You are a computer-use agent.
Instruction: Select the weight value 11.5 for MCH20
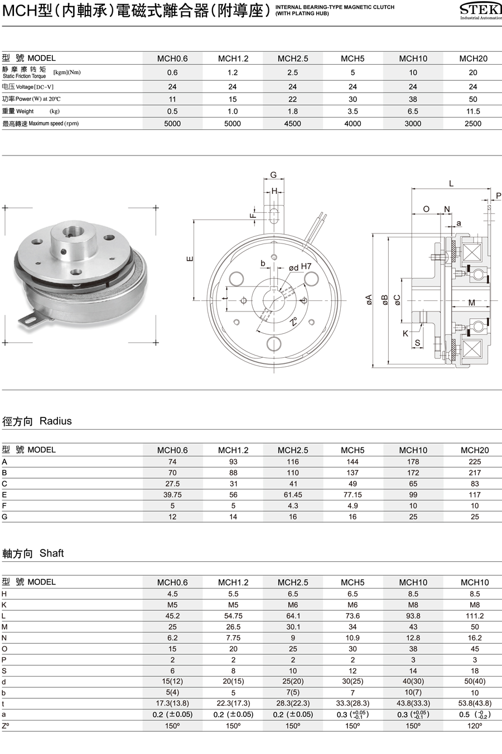coord(473,111)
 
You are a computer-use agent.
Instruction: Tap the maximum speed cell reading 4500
coord(292,124)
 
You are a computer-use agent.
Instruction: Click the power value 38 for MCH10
coord(413,99)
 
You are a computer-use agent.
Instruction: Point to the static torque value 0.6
coord(172,72)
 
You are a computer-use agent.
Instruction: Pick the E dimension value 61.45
coord(293,495)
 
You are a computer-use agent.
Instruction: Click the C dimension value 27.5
coord(172,484)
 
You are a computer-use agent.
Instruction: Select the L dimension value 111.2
coord(475,616)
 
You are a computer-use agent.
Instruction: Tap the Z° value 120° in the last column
coord(475,726)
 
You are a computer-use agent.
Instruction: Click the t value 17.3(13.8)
coord(172,704)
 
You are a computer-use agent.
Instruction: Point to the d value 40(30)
coord(413,682)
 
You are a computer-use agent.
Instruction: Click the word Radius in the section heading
coord(56,421)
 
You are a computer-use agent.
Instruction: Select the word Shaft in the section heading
coord(52,553)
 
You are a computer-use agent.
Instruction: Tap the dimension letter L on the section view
coord(451,183)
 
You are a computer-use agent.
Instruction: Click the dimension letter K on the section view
coord(406,333)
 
